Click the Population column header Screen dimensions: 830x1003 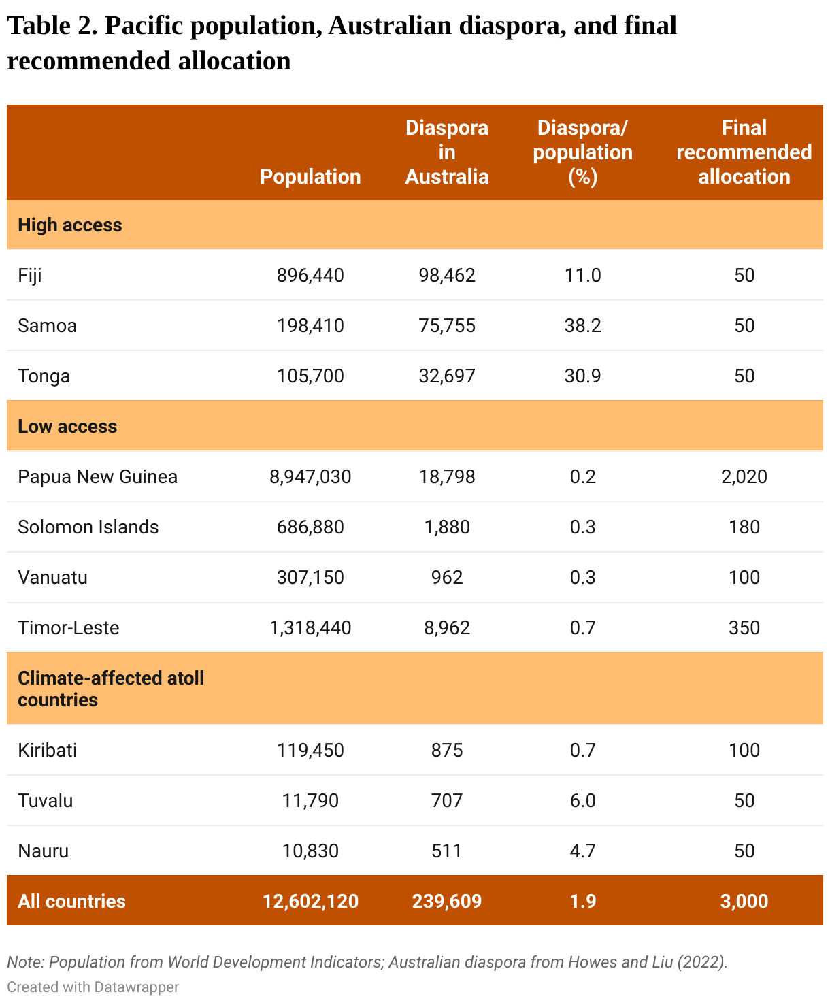[310, 176]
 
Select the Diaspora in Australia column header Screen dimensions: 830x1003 [447, 152]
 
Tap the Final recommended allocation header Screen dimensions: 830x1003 [744, 152]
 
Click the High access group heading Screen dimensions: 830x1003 [70, 225]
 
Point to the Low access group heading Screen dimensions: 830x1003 [67, 426]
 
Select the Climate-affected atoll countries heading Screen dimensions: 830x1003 [111, 689]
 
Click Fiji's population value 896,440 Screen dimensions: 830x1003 [310, 276]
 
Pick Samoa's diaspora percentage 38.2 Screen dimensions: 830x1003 [582, 326]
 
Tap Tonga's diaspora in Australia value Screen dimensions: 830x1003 [447, 376]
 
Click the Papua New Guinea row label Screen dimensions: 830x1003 [97, 476]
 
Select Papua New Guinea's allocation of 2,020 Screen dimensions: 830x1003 [744, 476]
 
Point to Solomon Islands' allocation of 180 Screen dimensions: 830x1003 [744, 527]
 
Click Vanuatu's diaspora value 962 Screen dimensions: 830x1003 [447, 577]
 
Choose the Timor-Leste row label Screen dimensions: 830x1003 [68, 627]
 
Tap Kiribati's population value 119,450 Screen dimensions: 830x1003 [310, 750]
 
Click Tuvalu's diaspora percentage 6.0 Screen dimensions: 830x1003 [582, 800]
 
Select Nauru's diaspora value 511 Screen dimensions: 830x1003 [447, 851]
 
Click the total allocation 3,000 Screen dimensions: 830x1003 [744, 901]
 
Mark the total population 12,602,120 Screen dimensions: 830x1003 [310, 901]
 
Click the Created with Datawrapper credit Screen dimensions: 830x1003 [93, 987]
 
